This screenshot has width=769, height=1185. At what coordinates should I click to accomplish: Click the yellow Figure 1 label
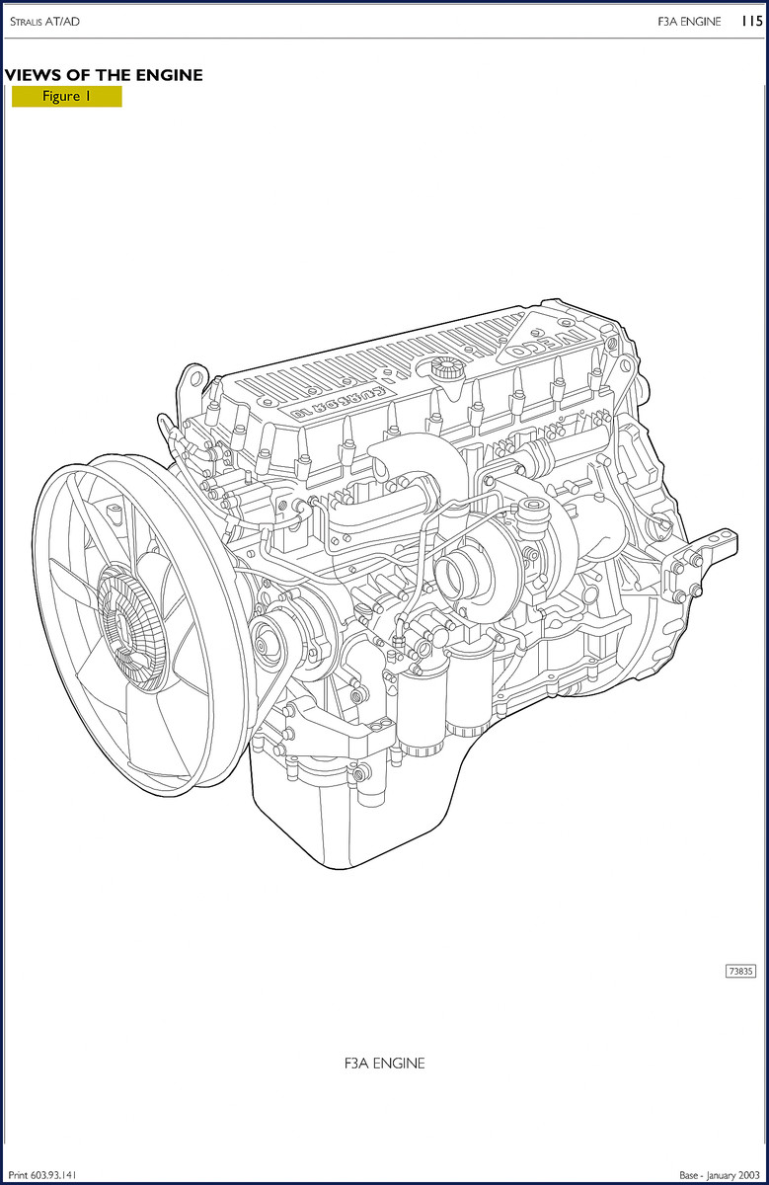67,97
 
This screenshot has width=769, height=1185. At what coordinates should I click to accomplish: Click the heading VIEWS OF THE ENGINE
104,75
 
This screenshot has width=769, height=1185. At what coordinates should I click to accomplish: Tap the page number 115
751,21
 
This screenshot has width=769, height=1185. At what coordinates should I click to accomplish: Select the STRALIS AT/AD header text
45,22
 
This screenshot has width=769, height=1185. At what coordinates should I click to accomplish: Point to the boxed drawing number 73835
740,972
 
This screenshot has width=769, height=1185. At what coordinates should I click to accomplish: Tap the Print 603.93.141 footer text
42,1175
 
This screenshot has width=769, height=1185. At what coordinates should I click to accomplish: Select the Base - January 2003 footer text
720,1175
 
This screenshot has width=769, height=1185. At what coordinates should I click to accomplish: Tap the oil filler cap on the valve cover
445,367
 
